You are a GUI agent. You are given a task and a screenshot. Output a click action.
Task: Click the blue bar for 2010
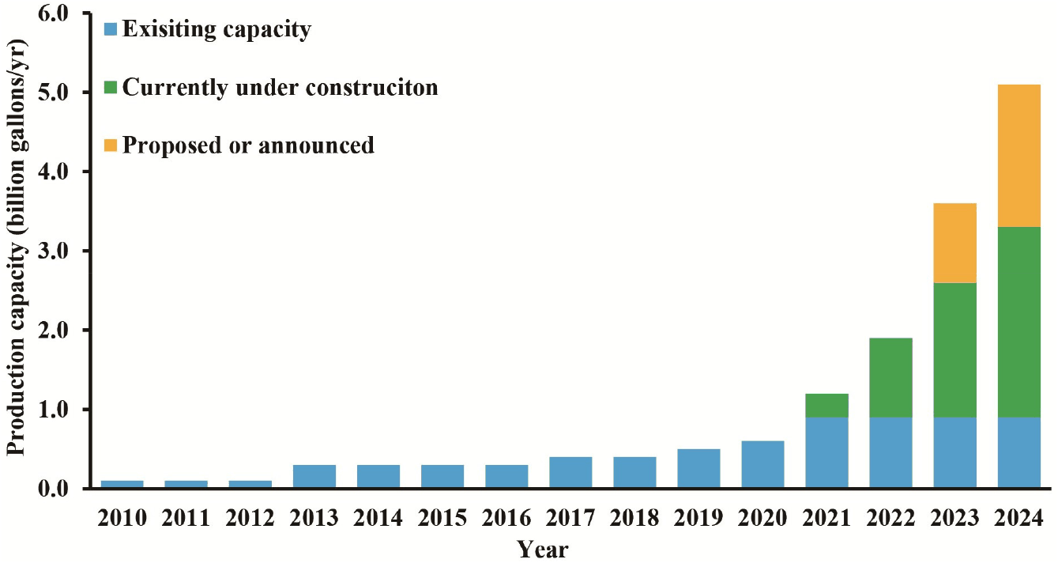[122, 484]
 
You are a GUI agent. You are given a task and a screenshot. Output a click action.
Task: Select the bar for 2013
[314, 476]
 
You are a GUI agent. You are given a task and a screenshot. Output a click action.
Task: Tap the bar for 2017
[570, 472]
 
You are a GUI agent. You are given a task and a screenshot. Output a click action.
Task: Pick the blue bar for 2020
[762, 464]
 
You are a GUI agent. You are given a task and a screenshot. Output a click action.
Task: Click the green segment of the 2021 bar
[826, 406]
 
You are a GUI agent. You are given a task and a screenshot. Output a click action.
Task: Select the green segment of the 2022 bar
[890, 378]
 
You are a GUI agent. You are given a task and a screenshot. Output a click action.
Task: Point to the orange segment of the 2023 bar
[955, 243]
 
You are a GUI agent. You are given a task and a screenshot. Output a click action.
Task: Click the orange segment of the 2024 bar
[1018, 156]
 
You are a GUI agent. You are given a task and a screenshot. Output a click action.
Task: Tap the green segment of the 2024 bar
[1018, 323]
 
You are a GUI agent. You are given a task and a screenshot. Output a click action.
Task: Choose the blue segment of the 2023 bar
[955, 453]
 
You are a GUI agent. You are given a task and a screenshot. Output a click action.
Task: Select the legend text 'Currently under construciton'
[280, 88]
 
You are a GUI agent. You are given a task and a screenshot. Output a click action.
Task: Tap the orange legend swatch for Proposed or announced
[110, 145]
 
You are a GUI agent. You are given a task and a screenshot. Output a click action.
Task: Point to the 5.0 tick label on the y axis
[54, 93]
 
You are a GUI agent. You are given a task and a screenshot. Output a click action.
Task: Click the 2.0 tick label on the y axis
[54, 330]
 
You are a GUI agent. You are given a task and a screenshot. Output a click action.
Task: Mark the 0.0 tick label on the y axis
[54, 489]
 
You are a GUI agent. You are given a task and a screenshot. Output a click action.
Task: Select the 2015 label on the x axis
[442, 518]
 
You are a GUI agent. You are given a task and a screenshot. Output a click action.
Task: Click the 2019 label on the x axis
[698, 518]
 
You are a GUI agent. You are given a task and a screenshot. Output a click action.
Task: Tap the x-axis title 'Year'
[543, 550]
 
